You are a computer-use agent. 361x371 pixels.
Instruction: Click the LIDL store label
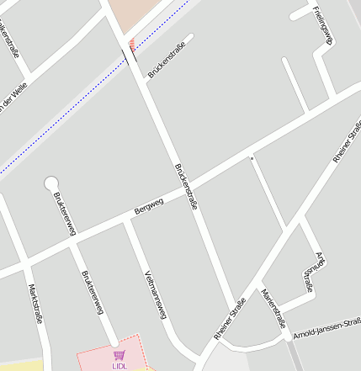point(119,366)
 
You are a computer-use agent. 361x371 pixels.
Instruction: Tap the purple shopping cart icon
point(119,356)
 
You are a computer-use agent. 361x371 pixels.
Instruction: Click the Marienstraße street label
point(273,309)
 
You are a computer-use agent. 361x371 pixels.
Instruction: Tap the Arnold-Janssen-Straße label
point(327,326)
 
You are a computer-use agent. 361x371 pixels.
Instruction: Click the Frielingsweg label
point(322,24)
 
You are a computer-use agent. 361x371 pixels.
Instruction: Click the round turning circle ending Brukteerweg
point(51,183)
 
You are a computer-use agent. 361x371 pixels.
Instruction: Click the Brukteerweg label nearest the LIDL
point(92,293)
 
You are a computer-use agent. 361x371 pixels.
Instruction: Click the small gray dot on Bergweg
point(251,156)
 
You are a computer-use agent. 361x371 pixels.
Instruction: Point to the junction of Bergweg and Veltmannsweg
point(128,221)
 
